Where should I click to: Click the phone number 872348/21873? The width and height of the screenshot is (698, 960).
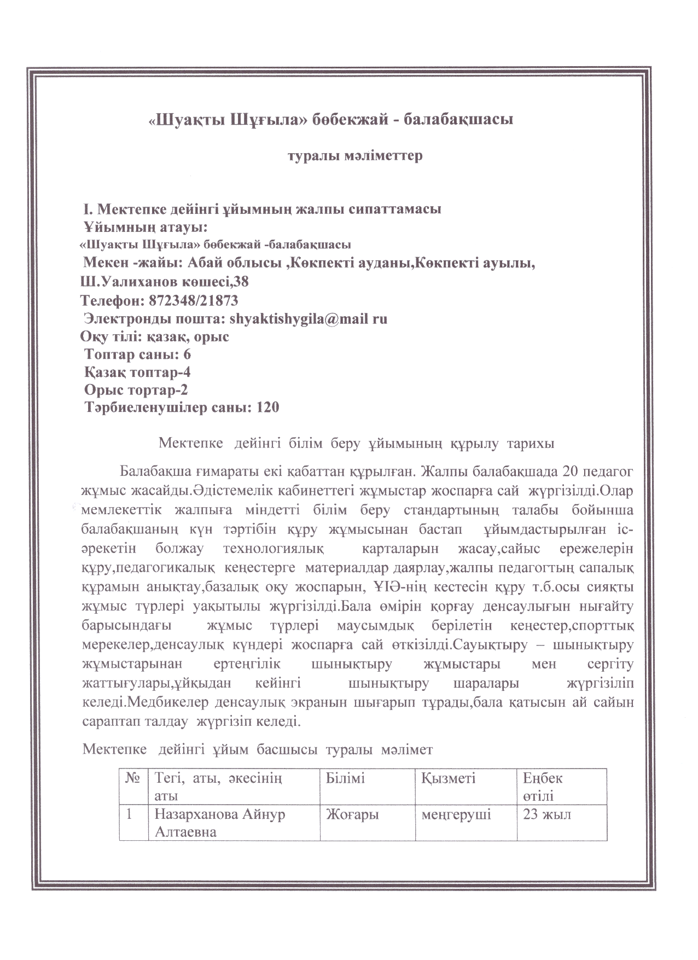(193, 300)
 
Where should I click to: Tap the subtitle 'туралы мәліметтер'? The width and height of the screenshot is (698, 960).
(355, 156)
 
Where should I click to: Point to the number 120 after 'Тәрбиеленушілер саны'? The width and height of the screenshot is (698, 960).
(267, 408)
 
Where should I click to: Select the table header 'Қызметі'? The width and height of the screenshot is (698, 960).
(448, 778)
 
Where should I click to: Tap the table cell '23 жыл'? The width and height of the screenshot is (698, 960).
(547, 814)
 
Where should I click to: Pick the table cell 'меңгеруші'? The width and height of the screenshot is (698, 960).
(456, 814)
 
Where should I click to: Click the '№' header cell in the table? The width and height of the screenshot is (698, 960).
(133, 778)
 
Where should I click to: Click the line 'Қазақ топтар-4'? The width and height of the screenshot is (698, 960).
(137, 373)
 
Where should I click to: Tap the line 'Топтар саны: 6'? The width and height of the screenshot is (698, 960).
(137, 354)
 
